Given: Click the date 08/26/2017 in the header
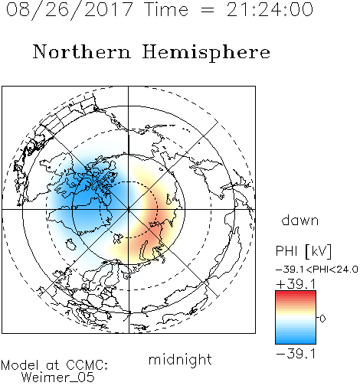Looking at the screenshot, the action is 69,10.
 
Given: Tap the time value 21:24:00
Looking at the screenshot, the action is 270,9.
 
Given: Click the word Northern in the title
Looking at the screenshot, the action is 82,51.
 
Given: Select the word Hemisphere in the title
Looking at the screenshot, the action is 206,52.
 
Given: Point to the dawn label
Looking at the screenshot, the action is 300,221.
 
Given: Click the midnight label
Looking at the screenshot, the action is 180,359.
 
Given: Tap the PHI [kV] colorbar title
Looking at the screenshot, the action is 303,251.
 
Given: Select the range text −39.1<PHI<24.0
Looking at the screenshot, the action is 317,270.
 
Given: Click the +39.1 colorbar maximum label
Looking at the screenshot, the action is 296,284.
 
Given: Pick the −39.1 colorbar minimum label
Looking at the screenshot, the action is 296,354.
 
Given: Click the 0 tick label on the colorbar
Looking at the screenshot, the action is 322,319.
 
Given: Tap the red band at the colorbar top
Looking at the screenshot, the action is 296,294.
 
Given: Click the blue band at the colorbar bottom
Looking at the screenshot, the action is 296,341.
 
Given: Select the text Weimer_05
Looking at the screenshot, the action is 57,378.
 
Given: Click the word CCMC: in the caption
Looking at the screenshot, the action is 87,365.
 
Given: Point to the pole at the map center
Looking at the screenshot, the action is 128,209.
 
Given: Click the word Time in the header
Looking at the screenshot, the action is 166,9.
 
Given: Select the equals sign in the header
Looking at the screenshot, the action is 207,10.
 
